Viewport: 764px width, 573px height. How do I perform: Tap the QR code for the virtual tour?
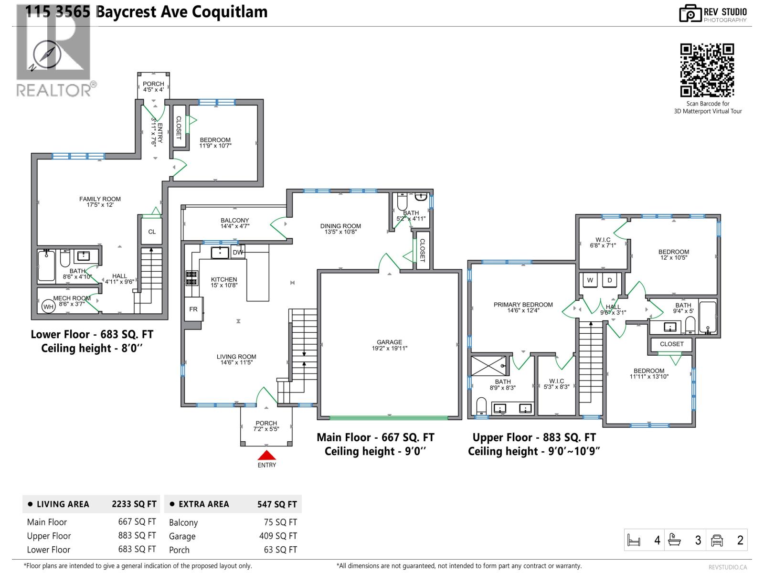pyautogui.click(x=707, y=70)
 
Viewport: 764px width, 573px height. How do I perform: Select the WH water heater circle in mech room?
pyautogui.click(x=48, y=307)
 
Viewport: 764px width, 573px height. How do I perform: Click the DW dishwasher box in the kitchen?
pyautogui.click(x=238, y=253)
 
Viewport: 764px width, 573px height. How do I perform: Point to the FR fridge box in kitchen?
pyautogui.click(x=193, y=309)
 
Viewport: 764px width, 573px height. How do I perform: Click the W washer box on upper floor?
pyautogui.click(x=590, y=280)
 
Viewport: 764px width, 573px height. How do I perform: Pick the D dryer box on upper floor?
pyautogui.click(x=610, y=280)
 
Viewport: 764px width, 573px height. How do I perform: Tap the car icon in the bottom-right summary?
pyautogui.click(x=717, y=540)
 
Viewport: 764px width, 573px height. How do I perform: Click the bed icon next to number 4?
pyautogui.click(x=634, y=541)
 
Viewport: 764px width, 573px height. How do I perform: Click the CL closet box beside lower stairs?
pyautogui.click(x=152, y=232)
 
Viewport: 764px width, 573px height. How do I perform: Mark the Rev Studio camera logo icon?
pyautogui.click(x=690, y=13)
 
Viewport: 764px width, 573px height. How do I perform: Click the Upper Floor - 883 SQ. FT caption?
pyautogui.click(x=534, y=437)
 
